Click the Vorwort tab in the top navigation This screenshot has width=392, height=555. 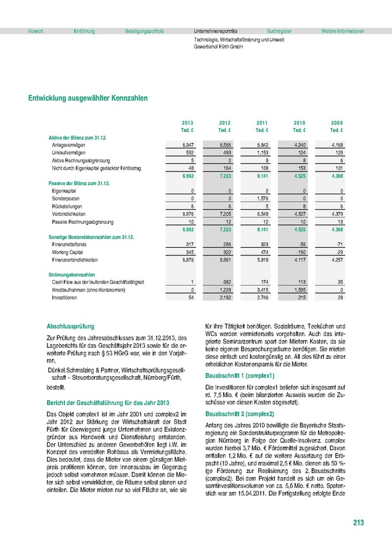[x=35, y=31]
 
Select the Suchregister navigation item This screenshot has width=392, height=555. [x=279, y=31]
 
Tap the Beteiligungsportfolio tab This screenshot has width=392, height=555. [x=144, y=31]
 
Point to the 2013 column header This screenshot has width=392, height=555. [x=188, y=123]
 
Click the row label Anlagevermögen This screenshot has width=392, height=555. [x=68, y=144]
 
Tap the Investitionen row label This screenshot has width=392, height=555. [x=65, y=298]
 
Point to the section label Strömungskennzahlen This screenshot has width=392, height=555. [x=71, y=274]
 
